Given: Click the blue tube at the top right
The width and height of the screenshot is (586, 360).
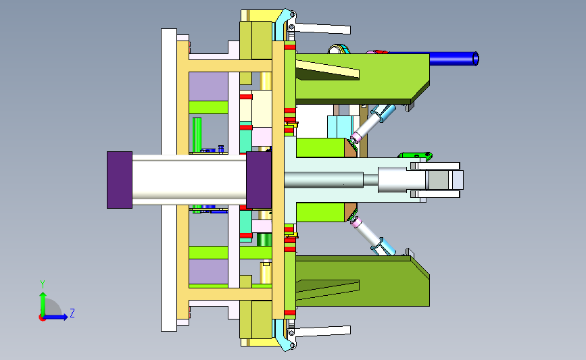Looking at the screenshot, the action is pos(453,59).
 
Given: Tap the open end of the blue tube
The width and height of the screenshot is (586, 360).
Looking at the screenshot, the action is pos(476,59).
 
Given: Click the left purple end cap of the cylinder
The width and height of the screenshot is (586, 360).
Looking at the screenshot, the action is pos(120,180).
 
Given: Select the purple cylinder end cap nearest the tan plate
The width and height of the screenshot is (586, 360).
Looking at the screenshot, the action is pos(259,180).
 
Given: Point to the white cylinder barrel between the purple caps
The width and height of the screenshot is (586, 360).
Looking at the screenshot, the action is pos(189,180).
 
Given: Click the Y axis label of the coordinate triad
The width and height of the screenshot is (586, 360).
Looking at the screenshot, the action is pos(43,284).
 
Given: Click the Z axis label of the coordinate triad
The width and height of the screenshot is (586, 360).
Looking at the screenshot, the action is pos(72,313).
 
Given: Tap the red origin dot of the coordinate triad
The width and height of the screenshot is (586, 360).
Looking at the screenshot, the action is pos(42,318).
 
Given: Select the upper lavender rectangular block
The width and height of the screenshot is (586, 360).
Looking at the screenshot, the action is pos(208,86).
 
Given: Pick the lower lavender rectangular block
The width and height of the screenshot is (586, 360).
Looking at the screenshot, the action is pos(208,272).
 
